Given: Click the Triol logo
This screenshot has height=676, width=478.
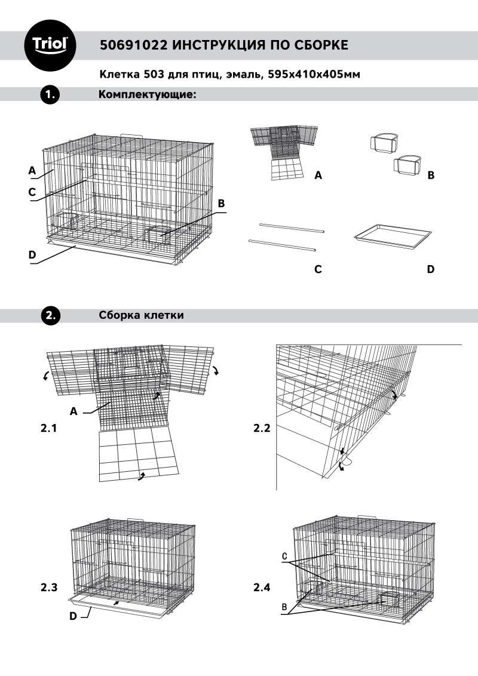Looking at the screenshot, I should pos(53,45).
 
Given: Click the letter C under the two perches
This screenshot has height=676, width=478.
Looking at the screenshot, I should pos(318,269).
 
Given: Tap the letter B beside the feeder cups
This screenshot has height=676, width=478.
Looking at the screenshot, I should pos(431,176).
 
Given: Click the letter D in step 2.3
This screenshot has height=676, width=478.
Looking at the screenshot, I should pos(73,616).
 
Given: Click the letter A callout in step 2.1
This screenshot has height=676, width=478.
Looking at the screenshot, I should pos(74,411).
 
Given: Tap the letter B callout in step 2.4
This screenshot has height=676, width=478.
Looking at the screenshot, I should pos(285,606).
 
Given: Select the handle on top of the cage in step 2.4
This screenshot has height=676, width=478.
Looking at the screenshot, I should pos(366,517).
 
